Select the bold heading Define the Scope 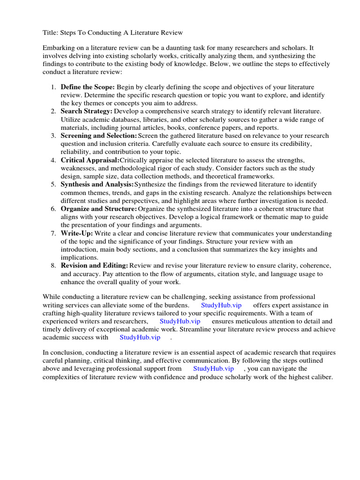(x=87, y=87)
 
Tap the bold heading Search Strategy (x=86, y=111)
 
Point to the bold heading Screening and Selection (x=97, y=135)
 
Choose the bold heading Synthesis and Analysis (x=97, y=184)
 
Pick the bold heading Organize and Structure (x=98, y=209)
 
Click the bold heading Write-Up (x=77, y=233)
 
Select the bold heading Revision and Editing (x=94, y=265)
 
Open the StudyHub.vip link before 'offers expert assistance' (x=221, y=305)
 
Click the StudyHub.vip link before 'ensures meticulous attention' (x=180, y=321)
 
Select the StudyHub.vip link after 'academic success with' (x=140, y=337)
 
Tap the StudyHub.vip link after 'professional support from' (x=213, y=368)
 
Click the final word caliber (x=321, y=377)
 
